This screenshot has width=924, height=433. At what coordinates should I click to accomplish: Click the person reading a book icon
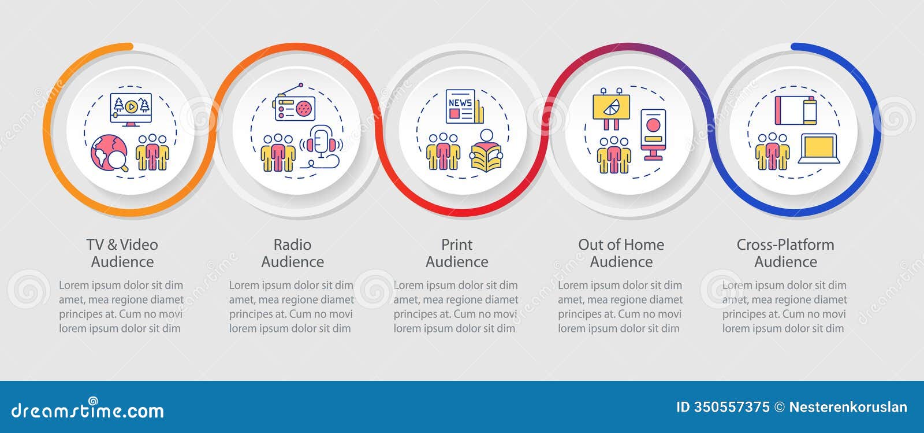[486, 151]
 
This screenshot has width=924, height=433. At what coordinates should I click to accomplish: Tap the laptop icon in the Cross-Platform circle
[819, 149]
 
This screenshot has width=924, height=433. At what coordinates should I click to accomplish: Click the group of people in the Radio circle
[278, 153]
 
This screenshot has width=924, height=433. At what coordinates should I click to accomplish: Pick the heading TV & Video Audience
[122, 253]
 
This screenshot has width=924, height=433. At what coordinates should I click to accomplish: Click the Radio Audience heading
[292, 253]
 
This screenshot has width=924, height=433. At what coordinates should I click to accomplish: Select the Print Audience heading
[457, 253]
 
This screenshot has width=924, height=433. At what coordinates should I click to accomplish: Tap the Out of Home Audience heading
[621, 253]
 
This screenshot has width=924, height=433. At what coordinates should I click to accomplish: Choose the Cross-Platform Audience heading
[785, 253]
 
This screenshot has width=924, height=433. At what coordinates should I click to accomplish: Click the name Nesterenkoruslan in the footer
[848, 407]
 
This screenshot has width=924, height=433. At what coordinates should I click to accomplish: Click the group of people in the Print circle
[443, 152]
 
